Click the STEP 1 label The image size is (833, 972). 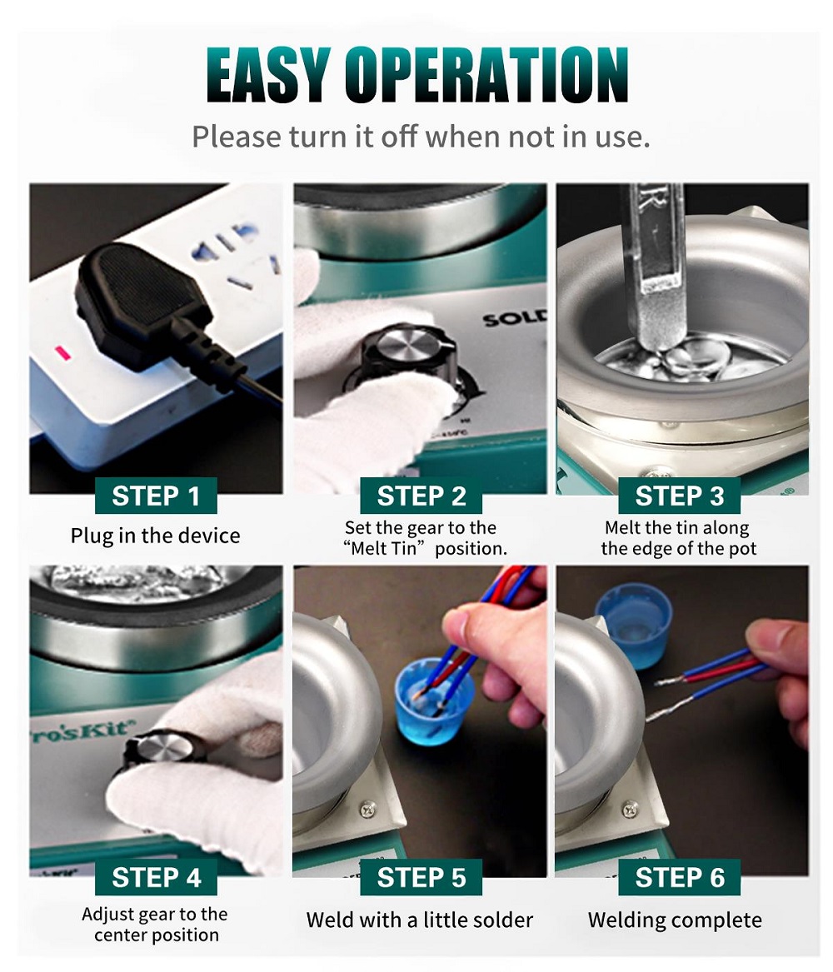(x=156, y=496)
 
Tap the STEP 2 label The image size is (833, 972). (x=421, y=496)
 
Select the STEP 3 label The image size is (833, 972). (x=679, y=496)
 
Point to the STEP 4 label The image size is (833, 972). (x=156, y=877)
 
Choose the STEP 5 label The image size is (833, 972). (x=421, y=877)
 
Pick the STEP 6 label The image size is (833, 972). (x=679, y=877)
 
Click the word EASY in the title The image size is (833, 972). (x=267, y=75)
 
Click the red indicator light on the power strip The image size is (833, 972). (x=62, y=353)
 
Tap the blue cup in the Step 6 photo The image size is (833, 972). (x=633, y=626)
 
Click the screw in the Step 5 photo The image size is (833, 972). (x=369, y=808)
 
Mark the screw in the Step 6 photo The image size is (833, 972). (x=631, y=809)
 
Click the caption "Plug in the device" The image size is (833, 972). (x=155, y=536)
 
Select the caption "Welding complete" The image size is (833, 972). (x=675, y=920)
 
